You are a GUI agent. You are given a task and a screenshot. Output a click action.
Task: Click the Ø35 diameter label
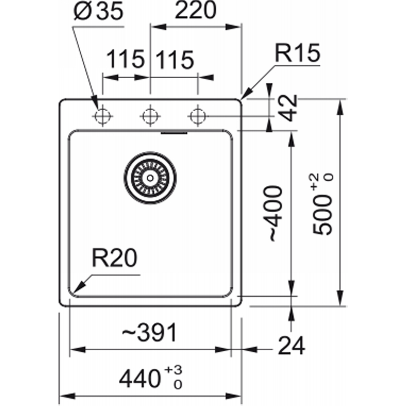(x=98, y=11)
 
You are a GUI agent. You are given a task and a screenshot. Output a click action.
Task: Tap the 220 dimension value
(x=195, y=10)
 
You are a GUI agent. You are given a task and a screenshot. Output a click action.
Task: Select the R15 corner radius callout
(x=297, y=53)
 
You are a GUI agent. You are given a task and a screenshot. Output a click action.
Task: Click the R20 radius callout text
(x=114, y=258)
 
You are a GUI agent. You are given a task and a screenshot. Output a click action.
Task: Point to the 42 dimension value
(x=289, y=108)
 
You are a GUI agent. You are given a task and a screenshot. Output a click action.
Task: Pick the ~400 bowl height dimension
(x=275, y=213)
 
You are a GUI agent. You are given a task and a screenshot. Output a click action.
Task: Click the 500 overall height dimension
(x=322, y=215)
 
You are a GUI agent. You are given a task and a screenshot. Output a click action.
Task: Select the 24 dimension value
(x=291, y=346)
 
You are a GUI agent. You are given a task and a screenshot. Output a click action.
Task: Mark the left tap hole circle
(x=103, y=116)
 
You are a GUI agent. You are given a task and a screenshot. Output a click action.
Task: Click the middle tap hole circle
(x=150, y=116)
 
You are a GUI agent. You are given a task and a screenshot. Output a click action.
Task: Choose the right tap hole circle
(x=198, y=116)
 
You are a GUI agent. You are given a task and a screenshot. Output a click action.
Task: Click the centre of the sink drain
(x=150, y=178)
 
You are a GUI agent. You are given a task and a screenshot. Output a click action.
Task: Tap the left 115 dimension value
(x=125, y=59)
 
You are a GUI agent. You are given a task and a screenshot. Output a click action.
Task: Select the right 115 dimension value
(x=175, y=60)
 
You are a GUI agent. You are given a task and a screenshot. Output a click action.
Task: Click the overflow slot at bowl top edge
(x=174, y=133)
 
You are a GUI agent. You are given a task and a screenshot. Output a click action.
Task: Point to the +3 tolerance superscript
(x=173, y=370)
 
